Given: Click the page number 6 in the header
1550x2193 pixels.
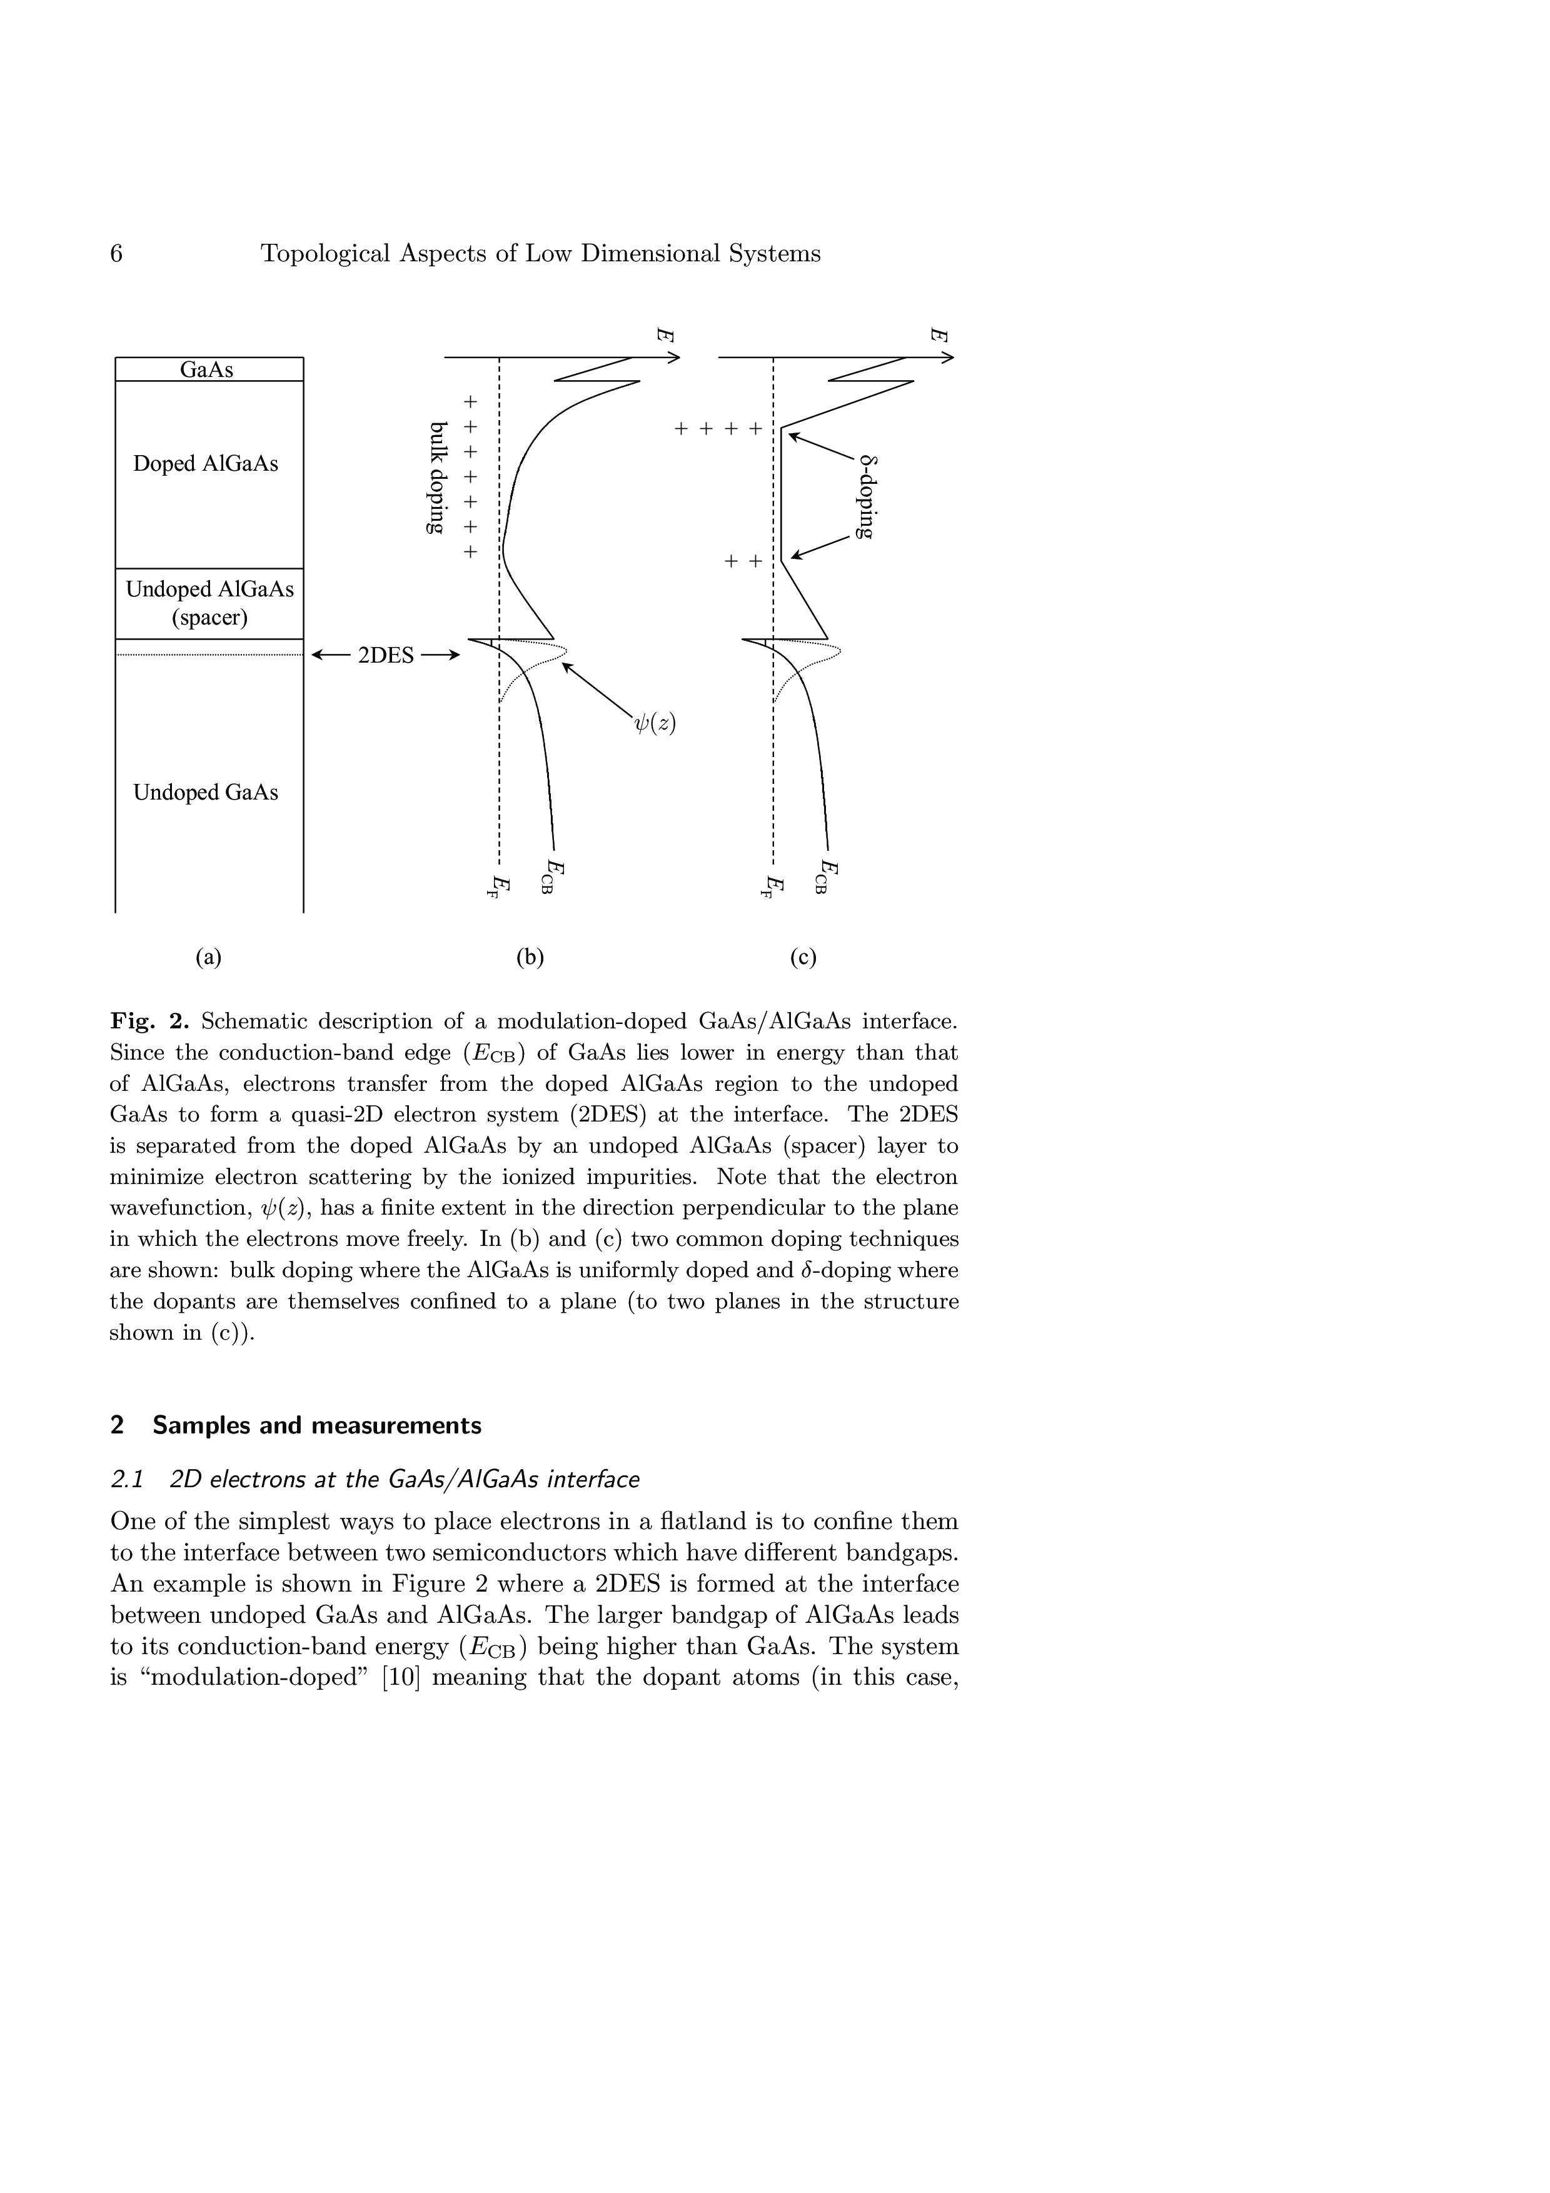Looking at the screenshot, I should (x=116, y=254).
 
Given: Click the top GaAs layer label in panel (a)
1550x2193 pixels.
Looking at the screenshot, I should (x=207, y=369).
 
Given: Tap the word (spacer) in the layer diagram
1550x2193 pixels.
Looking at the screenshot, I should (x=209, y=618).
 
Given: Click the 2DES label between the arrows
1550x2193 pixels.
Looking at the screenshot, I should (x=386, y=656).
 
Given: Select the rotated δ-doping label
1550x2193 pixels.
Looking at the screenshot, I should (x=865, y=496).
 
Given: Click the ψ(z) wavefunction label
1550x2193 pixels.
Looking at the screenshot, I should (x=655, y=723).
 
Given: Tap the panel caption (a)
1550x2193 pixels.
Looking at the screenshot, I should (x=208, y=957).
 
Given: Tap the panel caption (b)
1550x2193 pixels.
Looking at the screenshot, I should (x=530, y=957).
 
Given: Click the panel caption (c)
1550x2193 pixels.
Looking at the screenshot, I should (x=803, y=957).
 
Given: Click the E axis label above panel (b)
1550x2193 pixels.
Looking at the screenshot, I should (x=666, y=335).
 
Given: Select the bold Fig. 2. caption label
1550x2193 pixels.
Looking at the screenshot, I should (x=150, y=1021).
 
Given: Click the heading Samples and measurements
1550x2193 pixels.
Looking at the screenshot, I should (x=317, y=1426).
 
